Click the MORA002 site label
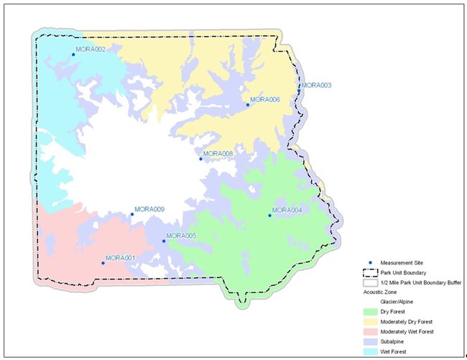pyautogui.click(x=91, y=50)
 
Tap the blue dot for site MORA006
pyautogui.click(x=248, y=105)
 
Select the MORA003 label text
pyautogui.click(x=316, y=86)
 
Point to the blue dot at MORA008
pyautogui.click(x=200, y=159)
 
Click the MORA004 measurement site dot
pyautogui.click(x=269, y=215)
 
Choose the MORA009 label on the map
pyautogui.click(x=150, y=209)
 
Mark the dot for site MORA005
pyautogui.click(x=164, y=241)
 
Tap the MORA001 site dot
pyautogui.click(x=103, y=263)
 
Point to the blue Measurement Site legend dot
pyautogui.click(x=365, y=263)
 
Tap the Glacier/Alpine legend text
pyautogui.click(x=396, y=303)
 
